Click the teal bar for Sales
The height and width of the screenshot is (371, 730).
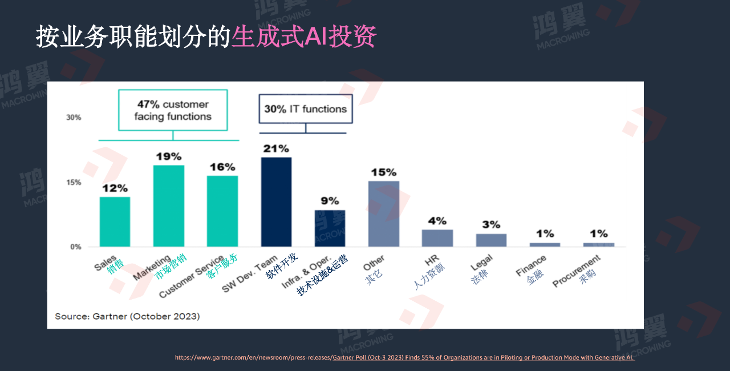coord(115,221)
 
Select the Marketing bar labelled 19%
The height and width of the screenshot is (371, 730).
coord(168,205)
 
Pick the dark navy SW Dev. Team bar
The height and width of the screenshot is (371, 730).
coord(276,201)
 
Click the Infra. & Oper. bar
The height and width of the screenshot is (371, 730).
coord(330,228)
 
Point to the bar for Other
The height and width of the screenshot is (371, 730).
coord(383,213)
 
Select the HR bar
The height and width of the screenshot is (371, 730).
coord(437,238)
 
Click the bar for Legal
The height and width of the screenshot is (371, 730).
coord(491,240)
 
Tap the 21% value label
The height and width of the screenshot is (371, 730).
coord(276,148)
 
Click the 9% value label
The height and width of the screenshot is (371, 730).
coord(330,201)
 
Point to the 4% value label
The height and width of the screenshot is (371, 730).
coord(437,221)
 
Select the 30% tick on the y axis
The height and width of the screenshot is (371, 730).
coord(74,118)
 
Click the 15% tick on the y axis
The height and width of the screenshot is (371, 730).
coord(74,183)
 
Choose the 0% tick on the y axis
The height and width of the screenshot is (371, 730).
coord(76,247)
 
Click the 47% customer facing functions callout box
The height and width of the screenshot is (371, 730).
coord(173,110)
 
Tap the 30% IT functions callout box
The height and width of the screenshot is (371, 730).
coord(305,109)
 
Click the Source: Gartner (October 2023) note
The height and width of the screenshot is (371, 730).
coord(127,316)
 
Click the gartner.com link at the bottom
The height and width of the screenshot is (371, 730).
coord(404,357)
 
